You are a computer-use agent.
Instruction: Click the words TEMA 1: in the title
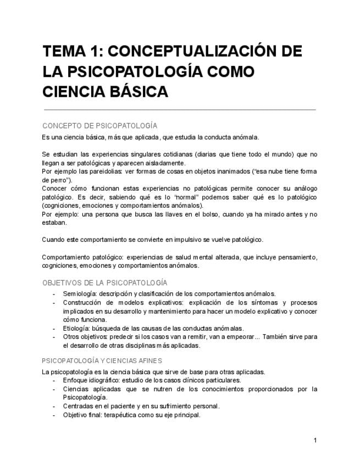point(70,52)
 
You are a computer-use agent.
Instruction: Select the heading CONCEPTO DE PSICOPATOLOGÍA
point(99,126)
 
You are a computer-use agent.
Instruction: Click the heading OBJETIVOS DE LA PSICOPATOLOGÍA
point(104,283)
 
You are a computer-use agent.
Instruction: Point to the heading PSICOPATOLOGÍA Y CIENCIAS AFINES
point(102,361)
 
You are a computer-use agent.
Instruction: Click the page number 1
point(315,440)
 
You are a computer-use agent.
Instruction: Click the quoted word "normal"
point(171,197)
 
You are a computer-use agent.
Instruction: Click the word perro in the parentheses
point(57,180)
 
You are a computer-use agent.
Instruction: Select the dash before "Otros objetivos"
point(54,337)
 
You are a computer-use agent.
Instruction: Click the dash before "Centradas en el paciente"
point(54,406)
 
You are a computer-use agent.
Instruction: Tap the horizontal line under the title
point(180,110)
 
